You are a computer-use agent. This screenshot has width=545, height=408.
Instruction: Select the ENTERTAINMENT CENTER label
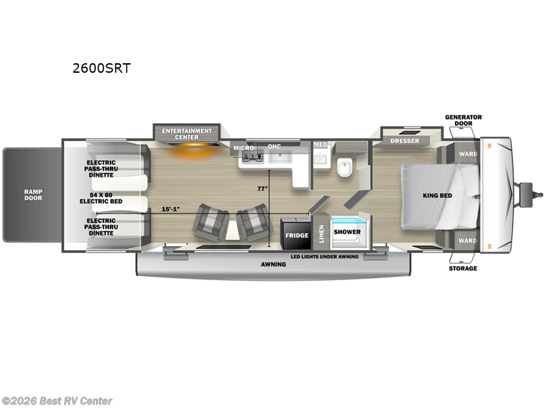[187, 133]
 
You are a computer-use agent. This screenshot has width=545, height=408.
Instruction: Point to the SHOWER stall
[347, 232]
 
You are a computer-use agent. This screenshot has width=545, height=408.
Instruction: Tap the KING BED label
[437, 196]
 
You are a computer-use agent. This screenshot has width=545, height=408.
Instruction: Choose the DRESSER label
[405, 141]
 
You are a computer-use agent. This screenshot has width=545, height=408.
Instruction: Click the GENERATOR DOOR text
[463, 120]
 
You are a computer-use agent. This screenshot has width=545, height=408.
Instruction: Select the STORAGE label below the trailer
[463, 268]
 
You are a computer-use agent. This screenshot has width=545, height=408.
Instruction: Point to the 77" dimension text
[261, 189]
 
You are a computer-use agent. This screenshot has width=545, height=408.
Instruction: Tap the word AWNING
[272, 264]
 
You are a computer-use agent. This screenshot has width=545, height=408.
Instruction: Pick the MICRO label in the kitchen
[243, 148]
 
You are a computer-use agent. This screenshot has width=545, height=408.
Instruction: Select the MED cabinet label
[320, 145]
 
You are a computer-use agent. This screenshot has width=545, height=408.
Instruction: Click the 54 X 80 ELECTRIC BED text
[100, 198]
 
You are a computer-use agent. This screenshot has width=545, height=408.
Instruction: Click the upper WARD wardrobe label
[467, 154]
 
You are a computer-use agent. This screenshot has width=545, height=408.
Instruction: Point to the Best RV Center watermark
[57, 401]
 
